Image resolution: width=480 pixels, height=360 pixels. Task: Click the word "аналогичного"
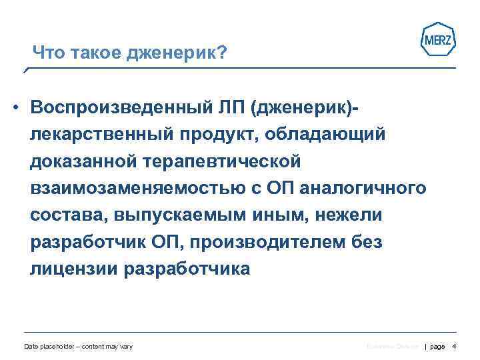point(363,188)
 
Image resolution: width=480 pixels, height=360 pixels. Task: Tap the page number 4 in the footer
point(454,347)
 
